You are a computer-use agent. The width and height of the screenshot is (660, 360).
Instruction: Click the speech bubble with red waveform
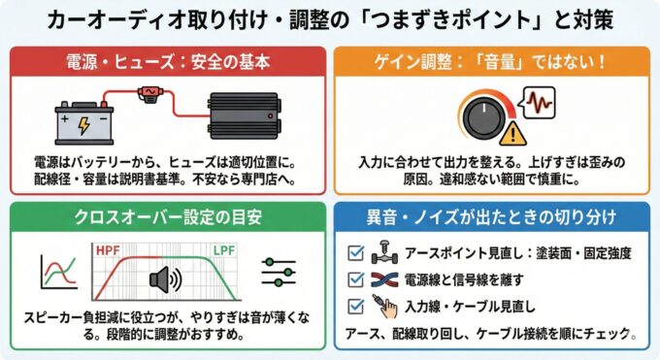click(x=542, y=101)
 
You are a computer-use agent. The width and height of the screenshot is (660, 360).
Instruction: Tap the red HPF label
click(x=109, y=250)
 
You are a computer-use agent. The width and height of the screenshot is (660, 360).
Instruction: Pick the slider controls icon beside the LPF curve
click(x=280, y=274)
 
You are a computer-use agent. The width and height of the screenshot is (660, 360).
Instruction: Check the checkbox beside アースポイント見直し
click(x=355, y=254)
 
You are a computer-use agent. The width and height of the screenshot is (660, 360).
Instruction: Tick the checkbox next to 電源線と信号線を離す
click(x=355, y=281)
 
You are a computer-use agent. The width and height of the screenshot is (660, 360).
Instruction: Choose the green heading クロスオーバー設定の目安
click(x=166, y=216)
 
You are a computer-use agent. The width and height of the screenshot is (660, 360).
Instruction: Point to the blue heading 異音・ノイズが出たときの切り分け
click(x=493, y=216)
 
